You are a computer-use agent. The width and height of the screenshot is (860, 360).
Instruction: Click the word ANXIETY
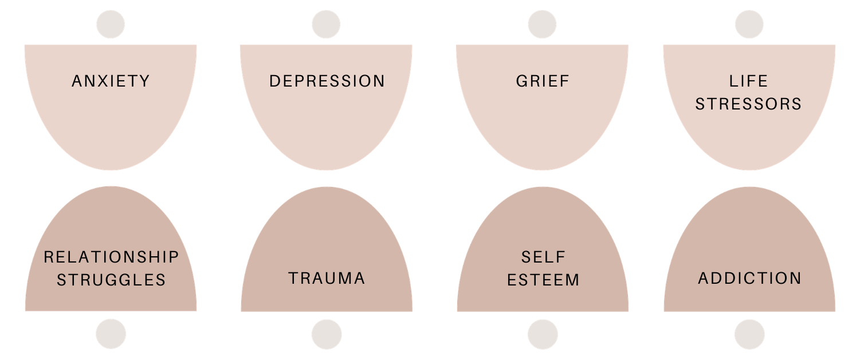point(111,81)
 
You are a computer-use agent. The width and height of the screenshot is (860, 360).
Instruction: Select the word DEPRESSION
point(327,81)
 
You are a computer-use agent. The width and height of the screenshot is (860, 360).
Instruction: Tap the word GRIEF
point(543,81)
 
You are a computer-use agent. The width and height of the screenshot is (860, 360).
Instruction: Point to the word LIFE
point(749,81)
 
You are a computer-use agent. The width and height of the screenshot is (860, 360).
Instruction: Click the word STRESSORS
point(749,104)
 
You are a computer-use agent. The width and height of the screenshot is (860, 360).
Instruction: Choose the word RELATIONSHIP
point(111,257)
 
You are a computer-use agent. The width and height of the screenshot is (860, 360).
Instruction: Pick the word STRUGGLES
point(111,280)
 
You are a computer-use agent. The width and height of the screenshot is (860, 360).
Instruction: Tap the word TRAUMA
point(327,279)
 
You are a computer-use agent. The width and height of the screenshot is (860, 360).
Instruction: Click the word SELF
point(543,257)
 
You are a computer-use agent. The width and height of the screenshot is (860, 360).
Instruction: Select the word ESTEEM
point(543,280)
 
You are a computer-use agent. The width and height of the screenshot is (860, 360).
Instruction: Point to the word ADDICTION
point(749,279)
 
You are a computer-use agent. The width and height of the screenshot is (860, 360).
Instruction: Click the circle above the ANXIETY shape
point(111,25)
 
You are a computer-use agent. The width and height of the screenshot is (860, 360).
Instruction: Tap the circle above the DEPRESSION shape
point(326,25)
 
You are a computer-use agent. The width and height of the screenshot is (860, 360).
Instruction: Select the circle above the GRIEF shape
point(542,25)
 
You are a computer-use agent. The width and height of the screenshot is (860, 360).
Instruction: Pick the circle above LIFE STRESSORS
point(749,25)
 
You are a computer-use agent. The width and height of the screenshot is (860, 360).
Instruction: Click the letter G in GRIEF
point(521,81)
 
